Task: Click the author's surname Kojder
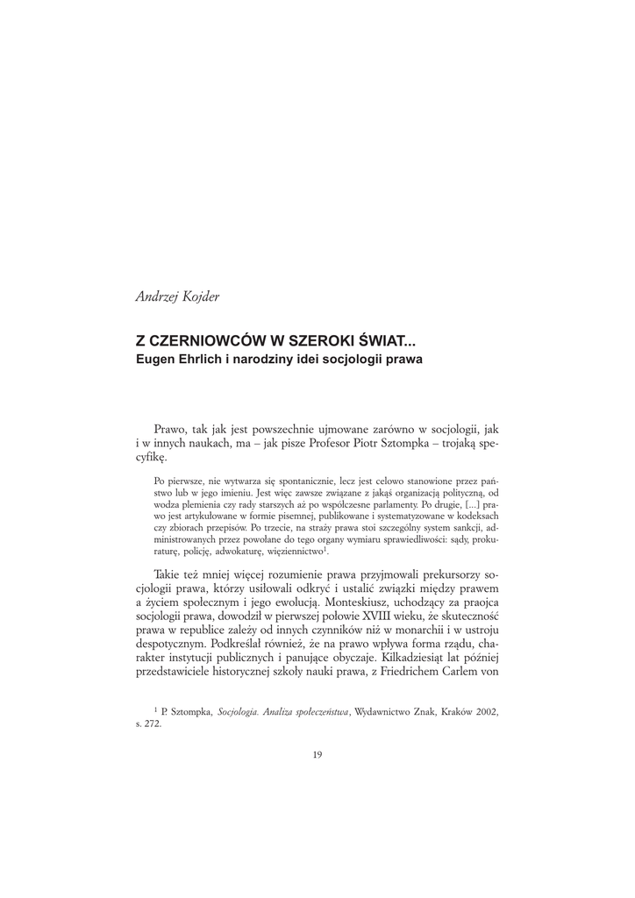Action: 198,296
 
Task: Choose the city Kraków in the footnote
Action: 450,715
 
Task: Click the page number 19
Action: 317,755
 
